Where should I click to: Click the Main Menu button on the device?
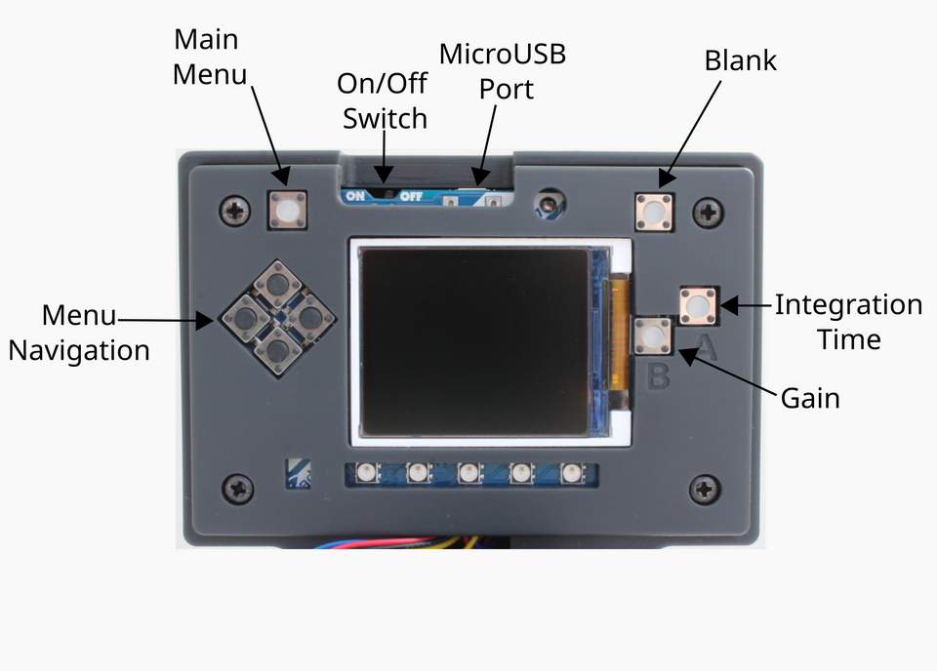(x=287, y=210)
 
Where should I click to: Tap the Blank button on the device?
(x=655, y=212)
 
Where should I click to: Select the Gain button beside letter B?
(x=652, y=335)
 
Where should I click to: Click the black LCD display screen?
(x=475, y=340)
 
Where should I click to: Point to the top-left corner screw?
(x=235, y=209)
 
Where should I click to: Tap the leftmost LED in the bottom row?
(x=367, y=475)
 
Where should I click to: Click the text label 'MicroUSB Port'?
(x=503, y=70)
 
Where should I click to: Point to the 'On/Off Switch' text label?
(x=385, y=100)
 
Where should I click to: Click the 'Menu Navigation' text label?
(x=79, y=333)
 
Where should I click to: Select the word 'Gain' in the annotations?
(x=810, y=398)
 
